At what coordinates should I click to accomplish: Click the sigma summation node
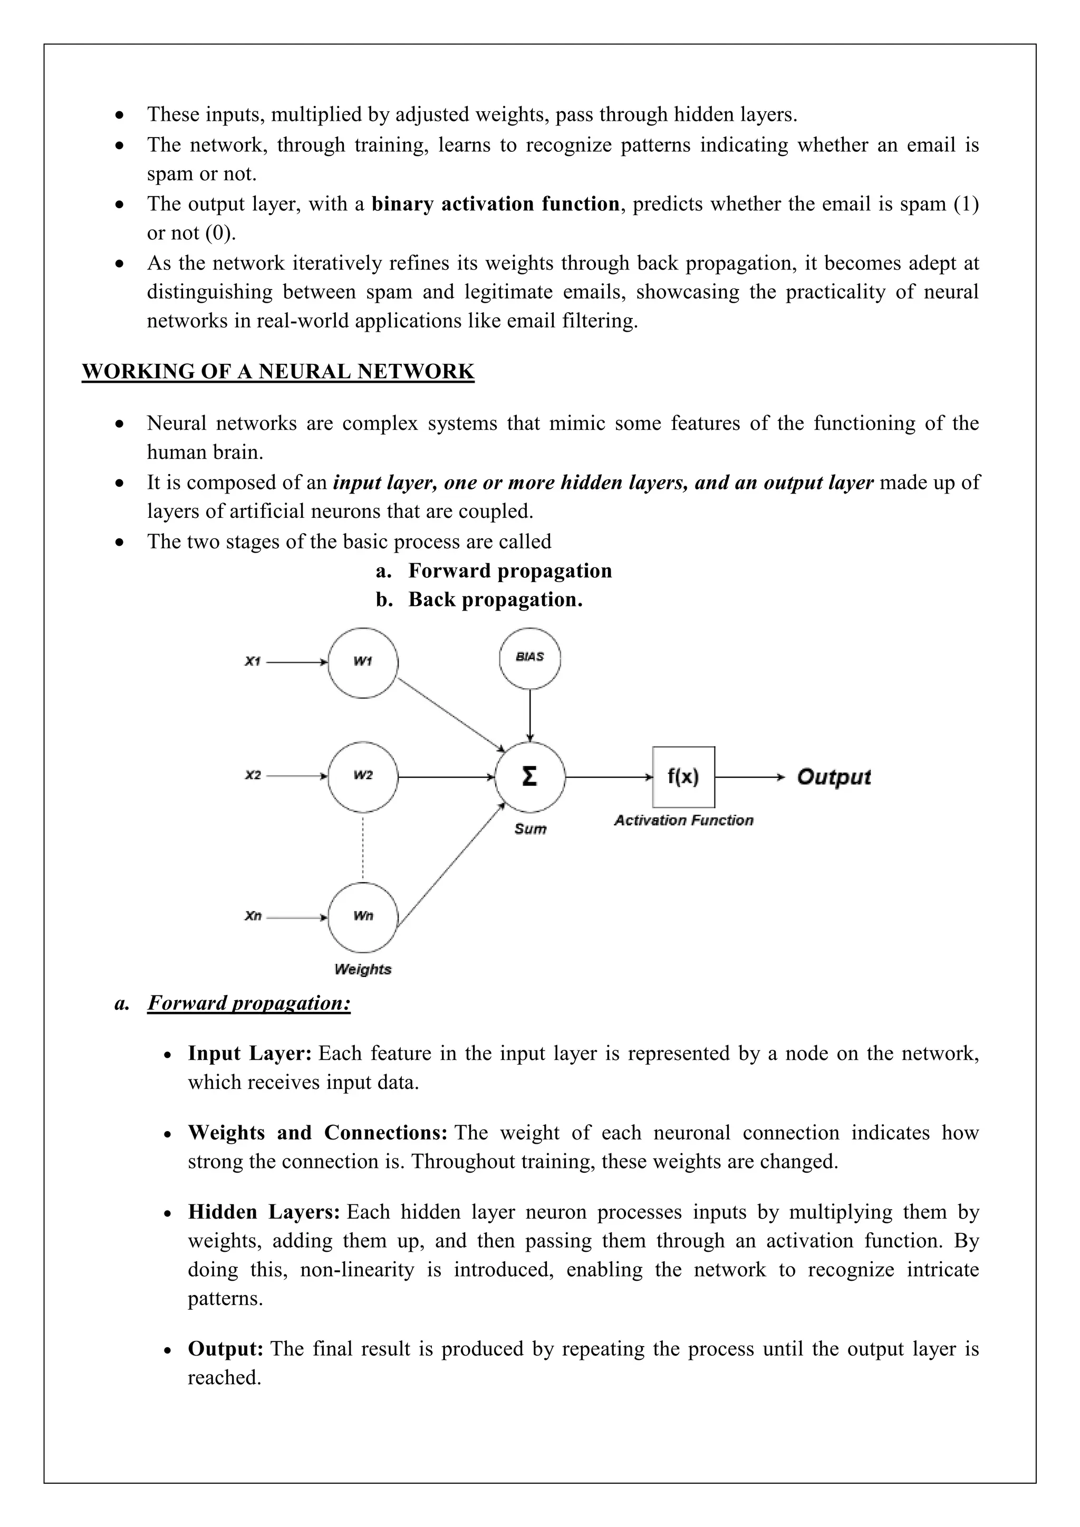(529, 776)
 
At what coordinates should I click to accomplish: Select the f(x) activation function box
(683, 777)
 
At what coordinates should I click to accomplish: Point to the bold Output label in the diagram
(833, 777)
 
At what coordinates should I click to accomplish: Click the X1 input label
(253, 662)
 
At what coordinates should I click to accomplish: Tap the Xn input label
(253, 916)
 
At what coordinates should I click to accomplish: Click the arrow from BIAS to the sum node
(529, 715)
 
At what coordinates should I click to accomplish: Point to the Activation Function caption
(683, 820)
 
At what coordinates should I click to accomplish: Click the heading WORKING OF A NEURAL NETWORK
(278, 371)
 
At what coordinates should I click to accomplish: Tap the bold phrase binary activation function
(496, 204)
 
